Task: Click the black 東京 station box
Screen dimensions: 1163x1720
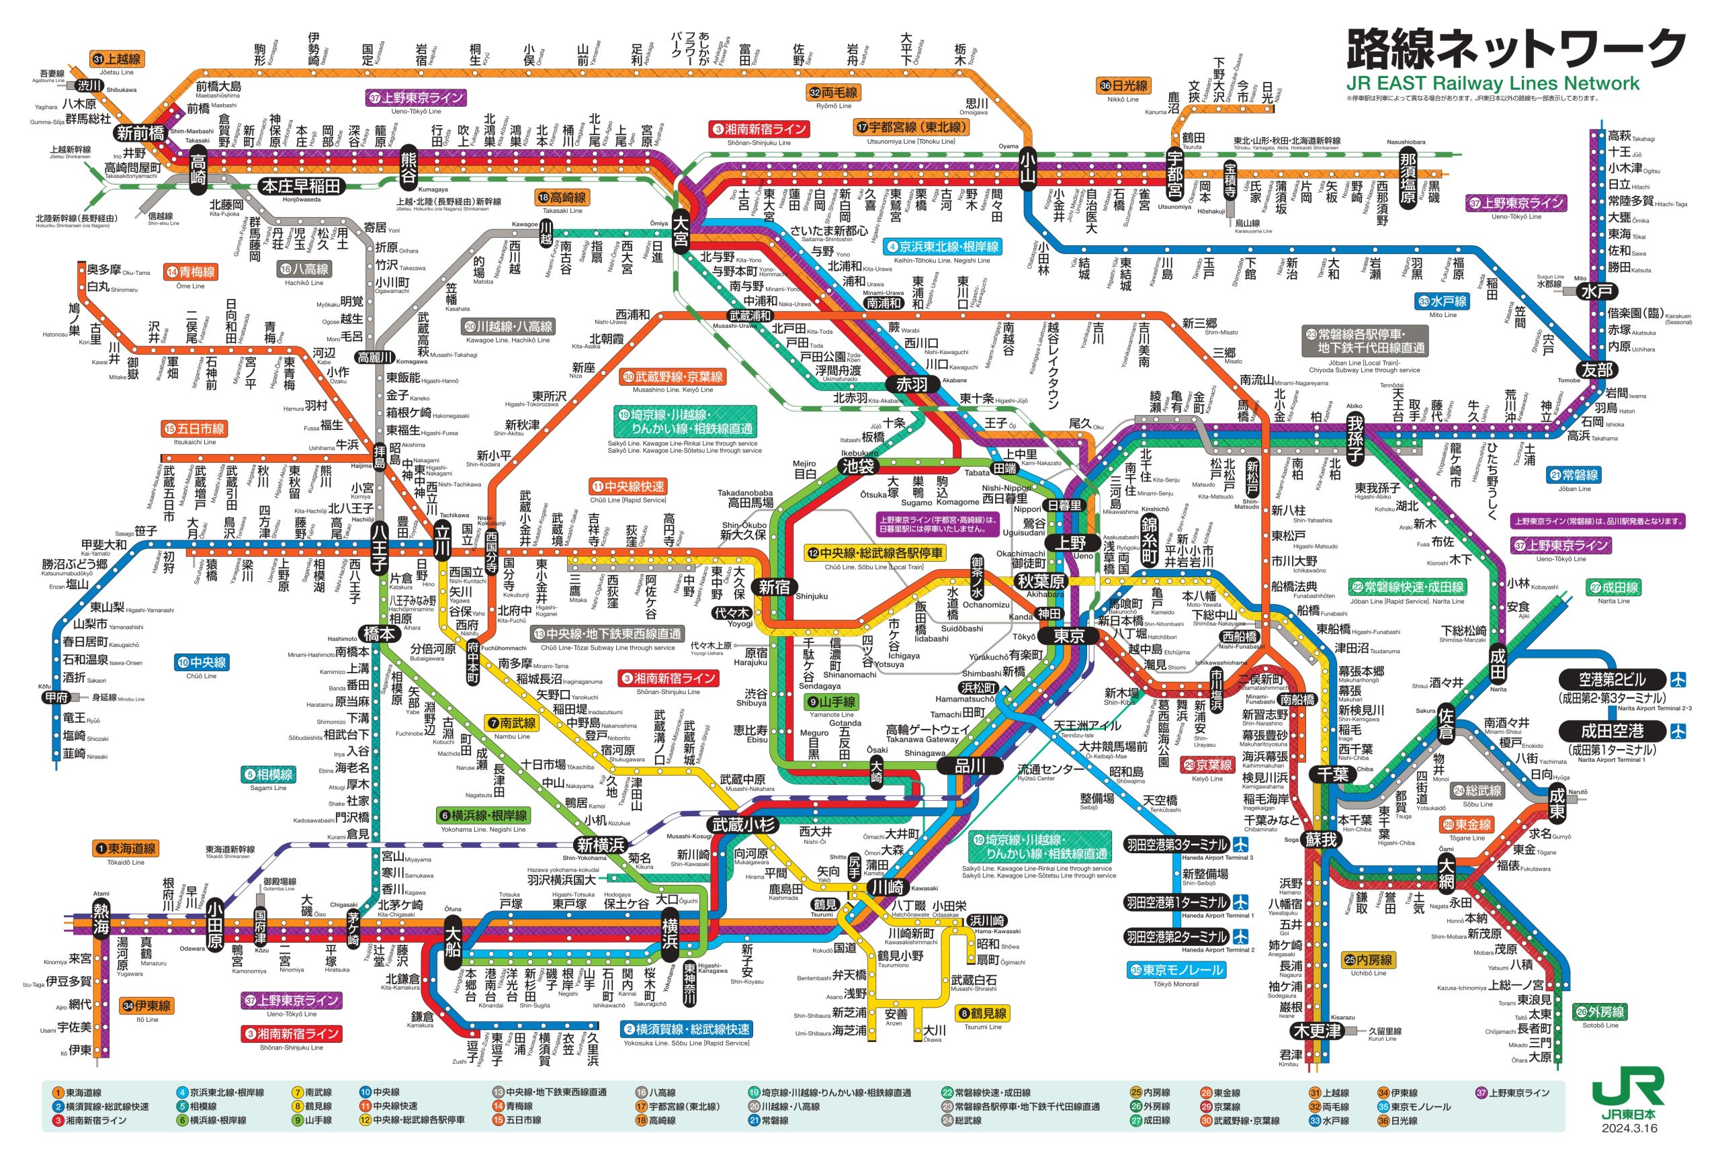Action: [x=1069, y=636]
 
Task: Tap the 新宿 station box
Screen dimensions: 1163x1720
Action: [x=774, y=587]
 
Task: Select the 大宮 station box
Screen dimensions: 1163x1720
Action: [x=680, y=230]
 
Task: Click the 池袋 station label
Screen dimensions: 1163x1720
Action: [x=858, y=466]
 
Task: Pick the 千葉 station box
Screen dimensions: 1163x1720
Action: [x=1333, y=775]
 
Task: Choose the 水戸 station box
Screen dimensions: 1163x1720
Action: [x=1596, y=292]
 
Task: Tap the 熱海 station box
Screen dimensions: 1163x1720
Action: [x=101, y=918]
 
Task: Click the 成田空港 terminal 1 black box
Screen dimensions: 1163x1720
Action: [x=1612, y=732]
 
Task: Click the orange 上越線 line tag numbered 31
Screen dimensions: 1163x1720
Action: [x=116, y=58]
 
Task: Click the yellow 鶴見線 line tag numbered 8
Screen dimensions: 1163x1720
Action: [x=982, y=1013]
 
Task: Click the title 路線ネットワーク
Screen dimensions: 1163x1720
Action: [x=1515, y=49]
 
